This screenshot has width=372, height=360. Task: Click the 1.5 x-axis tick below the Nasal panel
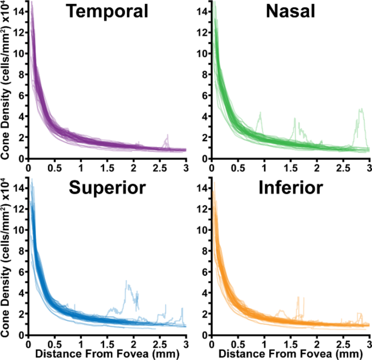click(291, 166)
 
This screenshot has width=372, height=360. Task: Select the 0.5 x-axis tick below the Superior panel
click(54, 343)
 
